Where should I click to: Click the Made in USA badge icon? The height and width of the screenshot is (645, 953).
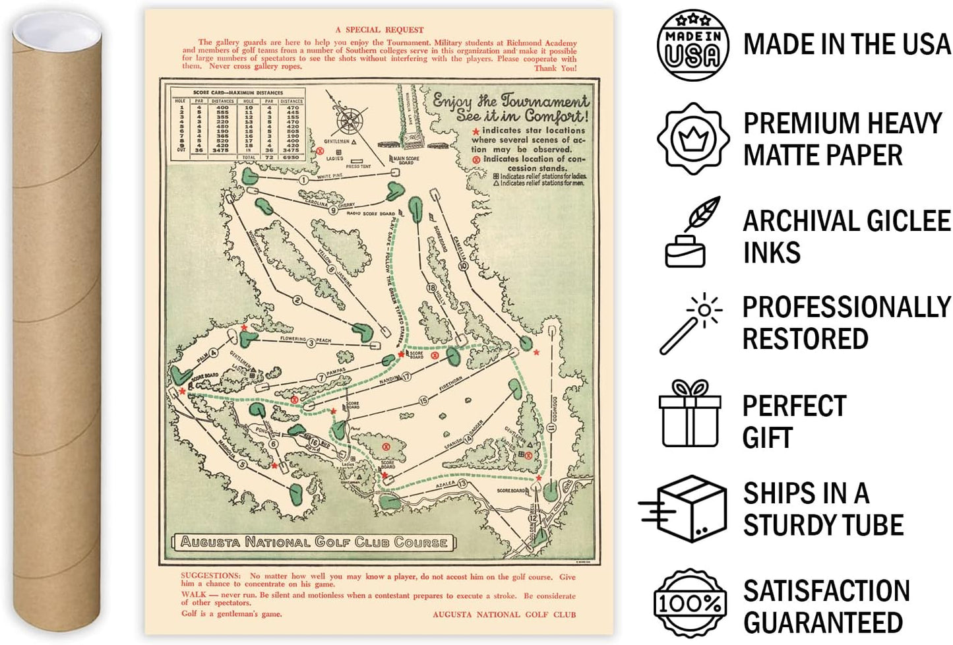click(692, 45)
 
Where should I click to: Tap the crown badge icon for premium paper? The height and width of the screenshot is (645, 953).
click(692, 138)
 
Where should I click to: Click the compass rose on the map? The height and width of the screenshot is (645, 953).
click(350, 121)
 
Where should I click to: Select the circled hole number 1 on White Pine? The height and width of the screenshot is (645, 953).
click(303, 180)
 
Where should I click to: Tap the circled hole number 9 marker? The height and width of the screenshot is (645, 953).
click(334, 211)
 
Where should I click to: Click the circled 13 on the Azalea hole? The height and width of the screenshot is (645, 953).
click(462, 484)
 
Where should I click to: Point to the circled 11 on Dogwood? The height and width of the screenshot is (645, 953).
click(551, 428)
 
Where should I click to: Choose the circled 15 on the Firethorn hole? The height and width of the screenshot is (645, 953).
click(423, 400)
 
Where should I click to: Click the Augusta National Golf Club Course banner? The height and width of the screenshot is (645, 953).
click(314, 542)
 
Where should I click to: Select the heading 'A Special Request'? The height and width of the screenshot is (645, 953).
click(379, 30)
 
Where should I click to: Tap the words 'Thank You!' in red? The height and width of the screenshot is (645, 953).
click(555, 68)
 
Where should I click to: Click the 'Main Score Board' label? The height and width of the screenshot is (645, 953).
click(406, 160)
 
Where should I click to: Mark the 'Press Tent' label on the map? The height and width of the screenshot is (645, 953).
click(358, 166)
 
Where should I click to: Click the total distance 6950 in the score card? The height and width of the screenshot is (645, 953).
click(291, 158)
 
